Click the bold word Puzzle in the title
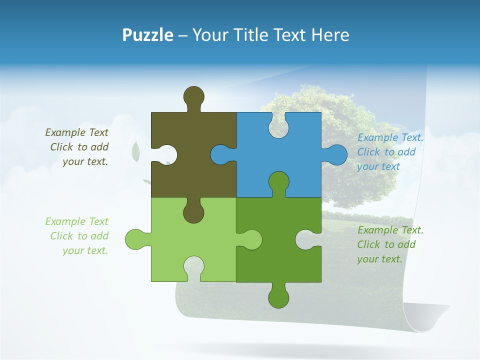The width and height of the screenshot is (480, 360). click(x=147, y=35)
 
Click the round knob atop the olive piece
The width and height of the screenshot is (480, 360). click(x=193, y=96)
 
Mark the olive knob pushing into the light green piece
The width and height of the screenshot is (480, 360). click(x=193, y=212)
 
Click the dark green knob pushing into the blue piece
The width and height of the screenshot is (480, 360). click(x=278, y=181)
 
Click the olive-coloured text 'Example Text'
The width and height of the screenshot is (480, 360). click(x=76, y=132)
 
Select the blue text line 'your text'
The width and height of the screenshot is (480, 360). click(x=378, y=166)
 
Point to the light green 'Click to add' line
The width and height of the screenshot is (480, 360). click(x=79, y=236)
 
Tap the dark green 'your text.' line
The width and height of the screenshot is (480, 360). click(x=379, y=259)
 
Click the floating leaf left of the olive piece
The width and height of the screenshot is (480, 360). click(x=135, y=151)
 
